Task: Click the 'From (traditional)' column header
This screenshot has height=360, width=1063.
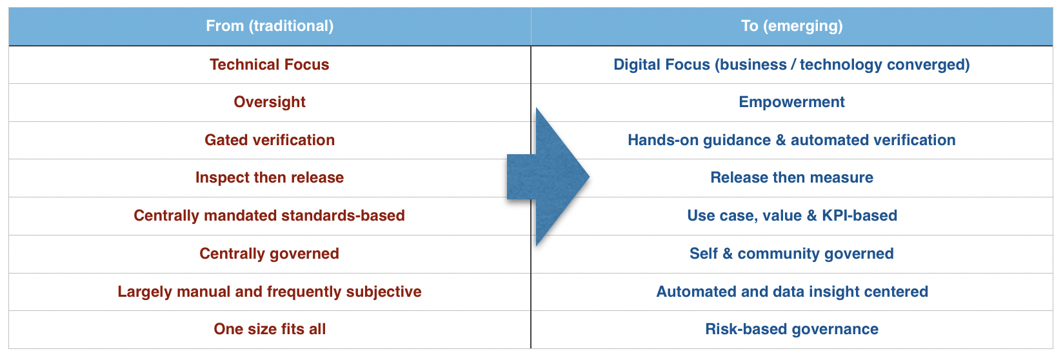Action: point(270,26)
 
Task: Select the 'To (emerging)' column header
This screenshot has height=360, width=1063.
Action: point(792,26)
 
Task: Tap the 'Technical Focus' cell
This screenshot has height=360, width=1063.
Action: point(270,65)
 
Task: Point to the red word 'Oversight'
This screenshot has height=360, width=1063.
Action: point(270,102)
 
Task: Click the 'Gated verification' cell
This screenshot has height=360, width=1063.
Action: point(270,140)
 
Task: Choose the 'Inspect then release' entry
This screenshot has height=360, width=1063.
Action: point(270,177)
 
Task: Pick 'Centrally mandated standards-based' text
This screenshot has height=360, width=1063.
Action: point(270,215)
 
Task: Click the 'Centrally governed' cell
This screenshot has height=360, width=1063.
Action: point(270,254)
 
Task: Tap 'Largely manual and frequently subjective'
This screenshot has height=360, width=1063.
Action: point(270,292)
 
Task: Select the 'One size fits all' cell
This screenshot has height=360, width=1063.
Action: point(270,329)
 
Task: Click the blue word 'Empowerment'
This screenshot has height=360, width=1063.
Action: point(792,102)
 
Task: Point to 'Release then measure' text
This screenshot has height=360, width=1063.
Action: point(792,177)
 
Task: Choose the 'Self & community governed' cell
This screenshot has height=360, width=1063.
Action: point(792,254)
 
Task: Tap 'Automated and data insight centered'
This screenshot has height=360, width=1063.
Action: point(792,292)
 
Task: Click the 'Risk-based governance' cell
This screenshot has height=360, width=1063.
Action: point(792,329)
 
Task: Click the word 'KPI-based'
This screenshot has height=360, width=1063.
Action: point(859,215)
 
